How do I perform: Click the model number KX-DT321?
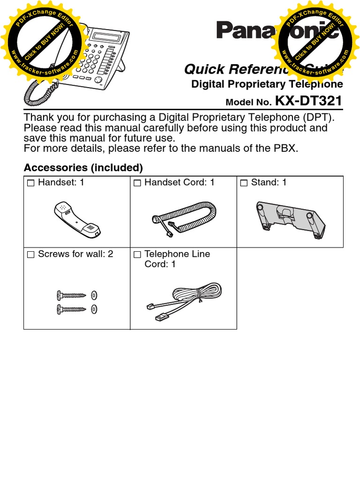click(308, 101)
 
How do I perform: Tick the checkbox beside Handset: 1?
click(31, 183)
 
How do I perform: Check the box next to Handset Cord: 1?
click(137, 183)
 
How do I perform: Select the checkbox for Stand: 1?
click(244, 183)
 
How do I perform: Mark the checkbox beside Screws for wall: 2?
click(31, 255)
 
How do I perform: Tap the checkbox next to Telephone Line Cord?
click(137, 255)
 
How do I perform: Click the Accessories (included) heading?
click(83, 167)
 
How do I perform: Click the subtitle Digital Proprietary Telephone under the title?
click(267, 84)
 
